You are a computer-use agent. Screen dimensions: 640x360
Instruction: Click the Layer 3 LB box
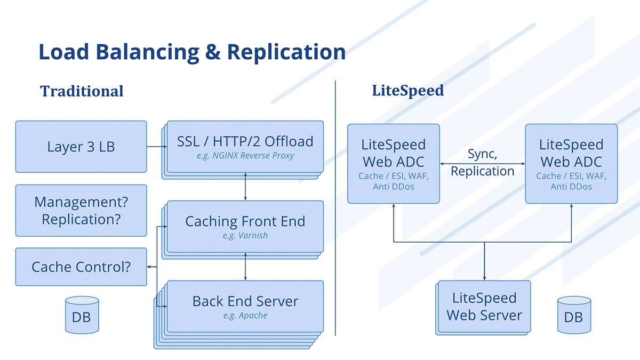[x=81, y=147]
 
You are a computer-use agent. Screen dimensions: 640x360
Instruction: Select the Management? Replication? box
[x=81, y=211]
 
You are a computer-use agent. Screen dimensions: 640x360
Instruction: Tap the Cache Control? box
[x=81, y=267]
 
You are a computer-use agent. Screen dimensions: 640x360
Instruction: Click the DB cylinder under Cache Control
[x=82, y=315]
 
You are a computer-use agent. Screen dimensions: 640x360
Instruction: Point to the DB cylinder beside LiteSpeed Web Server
[x=574, y=315]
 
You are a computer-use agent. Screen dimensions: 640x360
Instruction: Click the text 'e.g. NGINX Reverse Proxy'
[x=245, y=155]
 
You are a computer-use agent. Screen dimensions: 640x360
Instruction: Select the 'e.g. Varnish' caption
[x=245, y=235]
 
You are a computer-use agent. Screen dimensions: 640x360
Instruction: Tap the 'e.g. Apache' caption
[x=245, y=315]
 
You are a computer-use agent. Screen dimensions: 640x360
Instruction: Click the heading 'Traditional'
[x=82, y=91]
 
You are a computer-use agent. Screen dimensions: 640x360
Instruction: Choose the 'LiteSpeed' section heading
[x=408, y=91]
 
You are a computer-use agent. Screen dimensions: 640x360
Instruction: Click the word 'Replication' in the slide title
[x=286, y=52]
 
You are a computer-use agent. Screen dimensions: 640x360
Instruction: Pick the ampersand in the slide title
[x=213, y=52]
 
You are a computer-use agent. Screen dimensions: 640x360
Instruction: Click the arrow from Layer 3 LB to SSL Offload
[x=157, y=147]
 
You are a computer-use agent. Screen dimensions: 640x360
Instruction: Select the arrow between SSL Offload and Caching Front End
[x=245, y=186]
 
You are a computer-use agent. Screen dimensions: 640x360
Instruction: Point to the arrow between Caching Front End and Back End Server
[x=245, y=266]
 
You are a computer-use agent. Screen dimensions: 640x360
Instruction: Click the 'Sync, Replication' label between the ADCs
[x=483, y=163]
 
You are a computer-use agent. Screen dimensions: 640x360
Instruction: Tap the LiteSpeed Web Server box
[x=485, y=306]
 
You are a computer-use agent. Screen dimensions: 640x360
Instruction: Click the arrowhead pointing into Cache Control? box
[x=149, y=267]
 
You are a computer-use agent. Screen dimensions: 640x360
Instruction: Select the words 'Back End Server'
[x=245, y=301]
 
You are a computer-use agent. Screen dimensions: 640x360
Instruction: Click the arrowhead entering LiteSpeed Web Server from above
[x=484, y=278]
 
